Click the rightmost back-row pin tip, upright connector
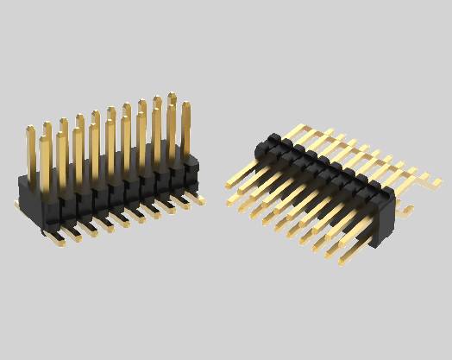(x=172, y=95)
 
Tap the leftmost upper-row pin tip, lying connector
(x=228, y=184)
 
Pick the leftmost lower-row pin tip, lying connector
(x=230, y=203)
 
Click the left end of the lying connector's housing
(x=264, y=147)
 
